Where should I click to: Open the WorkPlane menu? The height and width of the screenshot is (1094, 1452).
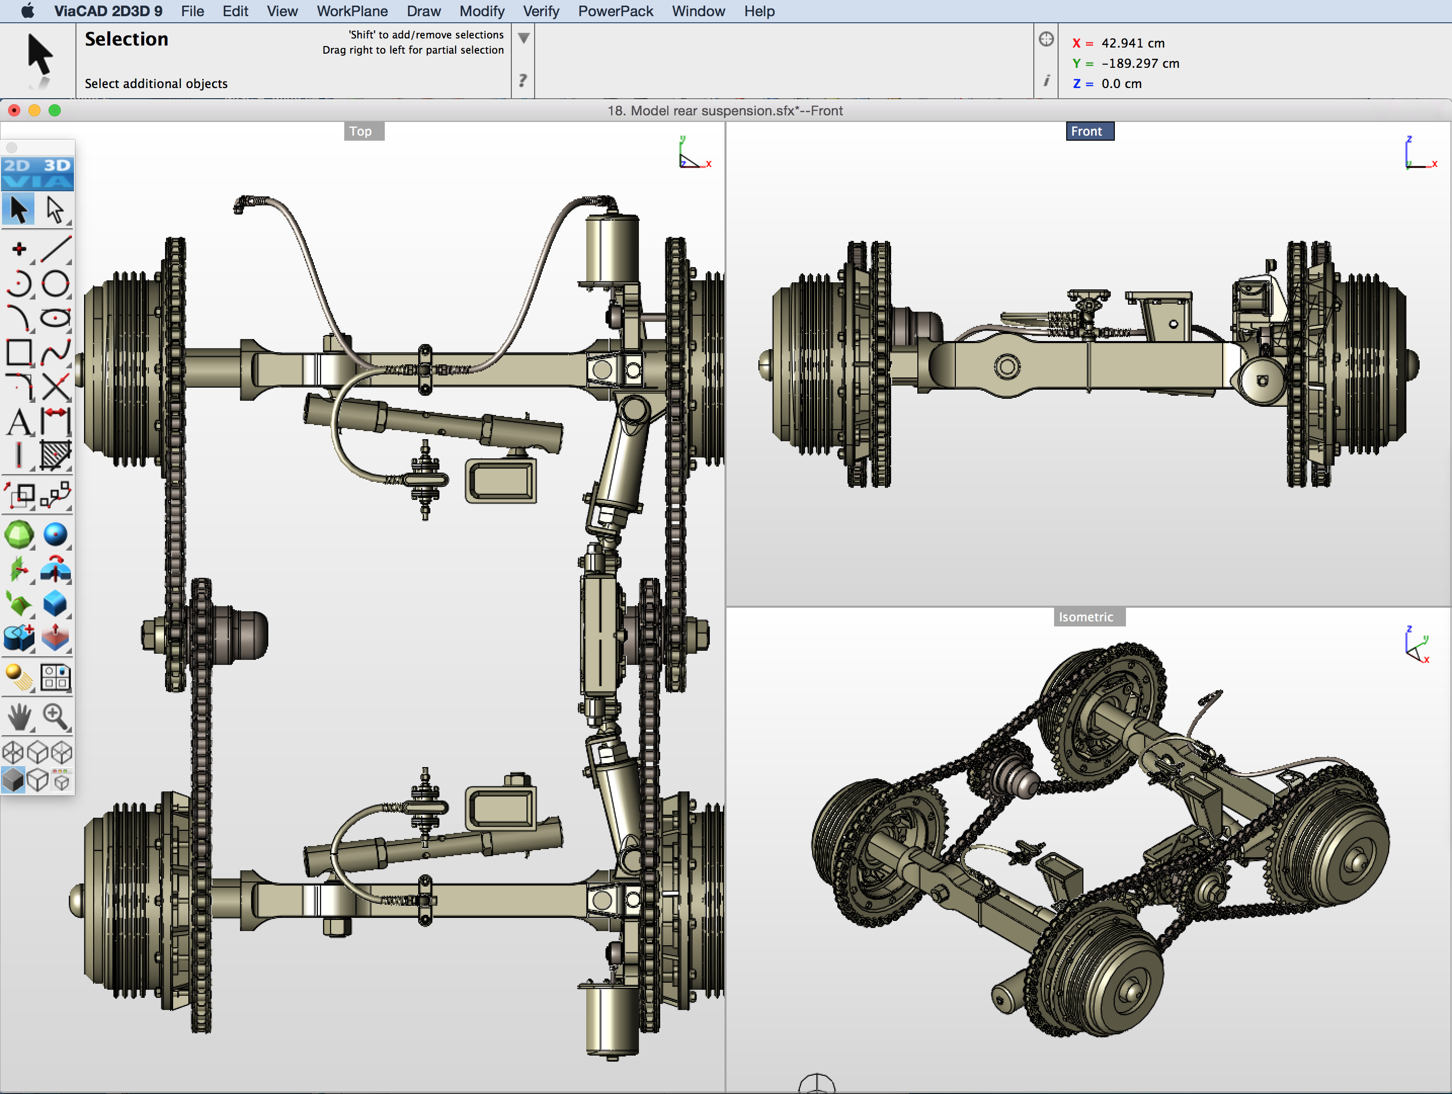(x=352, y=11)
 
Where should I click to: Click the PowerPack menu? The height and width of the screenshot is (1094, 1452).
(x=615, y=11)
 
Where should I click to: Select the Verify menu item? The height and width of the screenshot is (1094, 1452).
(x=541, y=11)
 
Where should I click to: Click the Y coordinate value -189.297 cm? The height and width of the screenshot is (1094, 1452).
(x=1140, y=64)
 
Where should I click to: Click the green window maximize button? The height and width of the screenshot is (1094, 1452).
(x=55, y=110)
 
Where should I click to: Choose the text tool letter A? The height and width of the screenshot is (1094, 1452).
(x=19, y=422)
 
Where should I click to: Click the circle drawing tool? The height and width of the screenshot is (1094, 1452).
(x=55, y=283)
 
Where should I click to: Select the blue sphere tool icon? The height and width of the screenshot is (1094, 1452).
(x=55, y=534)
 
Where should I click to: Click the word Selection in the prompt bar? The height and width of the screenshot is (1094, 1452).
(x=127, y=39)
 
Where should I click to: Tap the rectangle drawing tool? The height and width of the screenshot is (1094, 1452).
(x=19, y=352)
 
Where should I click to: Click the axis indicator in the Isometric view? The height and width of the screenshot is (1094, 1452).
(x=1416, y=645)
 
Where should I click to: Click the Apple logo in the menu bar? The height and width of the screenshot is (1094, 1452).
(x=27, y=11)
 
